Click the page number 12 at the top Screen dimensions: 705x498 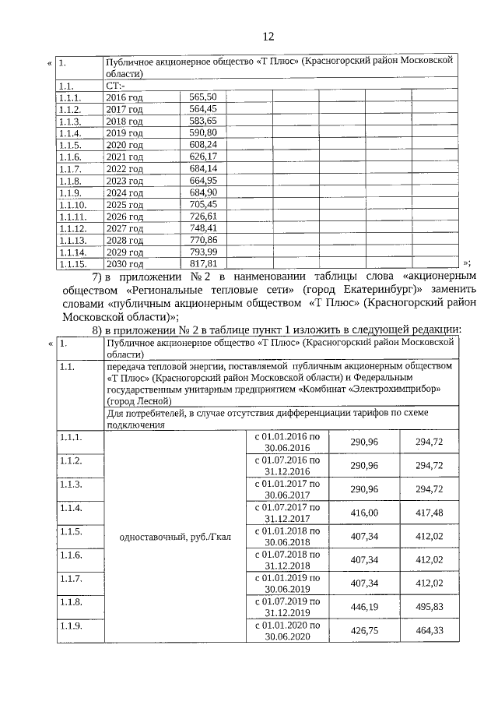(x=268, y=37)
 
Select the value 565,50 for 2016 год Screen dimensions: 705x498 (x=202, y=97)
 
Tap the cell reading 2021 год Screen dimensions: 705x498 (x=124, y=157)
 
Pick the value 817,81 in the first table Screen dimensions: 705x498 (x=202, y=264)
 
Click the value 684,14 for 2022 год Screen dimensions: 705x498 (x=202, y=168)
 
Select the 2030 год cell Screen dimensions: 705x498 (x=124, y=264)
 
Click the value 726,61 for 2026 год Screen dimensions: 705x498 (x=202, y=216)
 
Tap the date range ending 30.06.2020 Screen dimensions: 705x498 (x=287, y=631)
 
